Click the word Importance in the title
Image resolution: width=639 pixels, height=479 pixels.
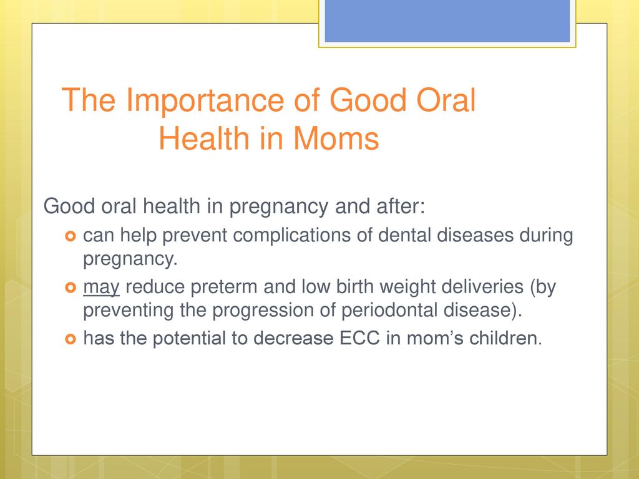pos(205,101)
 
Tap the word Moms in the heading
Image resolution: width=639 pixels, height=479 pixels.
pos(336,138)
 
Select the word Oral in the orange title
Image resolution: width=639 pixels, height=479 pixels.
pos(446,100)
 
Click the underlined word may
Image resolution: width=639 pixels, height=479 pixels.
pos(101,288)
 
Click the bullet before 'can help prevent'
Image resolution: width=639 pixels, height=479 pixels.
pos(71,236)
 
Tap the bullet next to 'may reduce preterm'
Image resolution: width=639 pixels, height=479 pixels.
pos(71,288)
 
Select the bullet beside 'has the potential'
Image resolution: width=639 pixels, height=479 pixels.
pos(71,339)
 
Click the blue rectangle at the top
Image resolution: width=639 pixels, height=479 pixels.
pos(447,21)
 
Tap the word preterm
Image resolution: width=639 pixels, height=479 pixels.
pos(224,288)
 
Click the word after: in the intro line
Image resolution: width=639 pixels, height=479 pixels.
pos(401,206)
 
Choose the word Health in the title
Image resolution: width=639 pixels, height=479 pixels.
pos(204,138)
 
